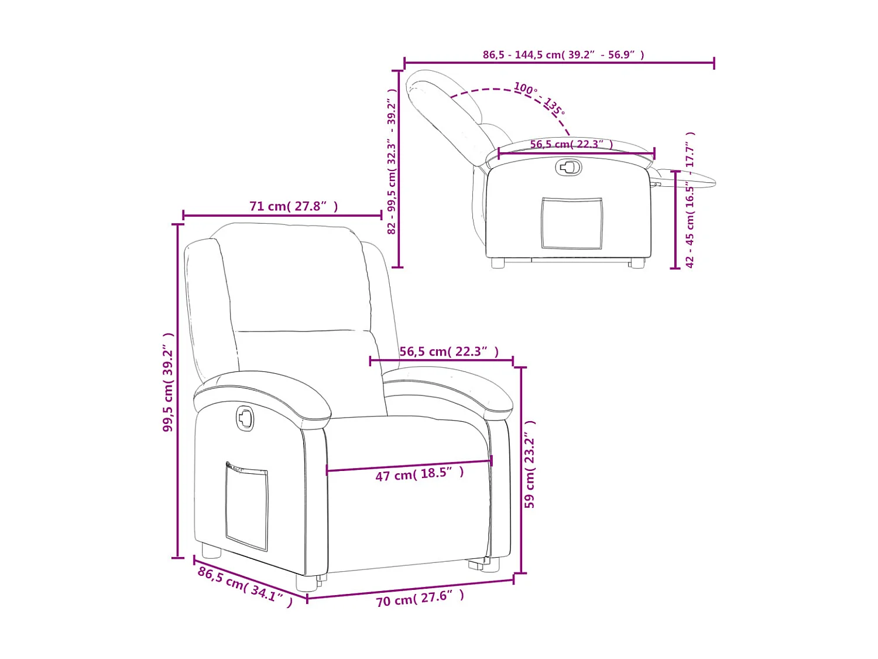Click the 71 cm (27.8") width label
click(x=293, y=206)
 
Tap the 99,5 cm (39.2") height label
click(x=169, y=382)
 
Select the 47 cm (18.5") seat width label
click(x=419, y=474)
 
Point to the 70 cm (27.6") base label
click(x=420, y=599)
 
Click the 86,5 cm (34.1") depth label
click(x=245, y=586)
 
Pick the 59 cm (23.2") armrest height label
click(x=530, y=464)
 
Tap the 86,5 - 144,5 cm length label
click(x=563, y=54)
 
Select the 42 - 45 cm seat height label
click(x=690, y=200)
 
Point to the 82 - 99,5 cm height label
click(x=392, y=161)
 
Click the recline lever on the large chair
click(x=245, y=418)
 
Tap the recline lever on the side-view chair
click(x=568, y=168)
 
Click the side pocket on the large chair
click(x=246, y=506)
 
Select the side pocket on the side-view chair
click(x=571, y=223)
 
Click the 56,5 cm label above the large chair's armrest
click(x=449, y=351)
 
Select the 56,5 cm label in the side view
click(x=571, y=144)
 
